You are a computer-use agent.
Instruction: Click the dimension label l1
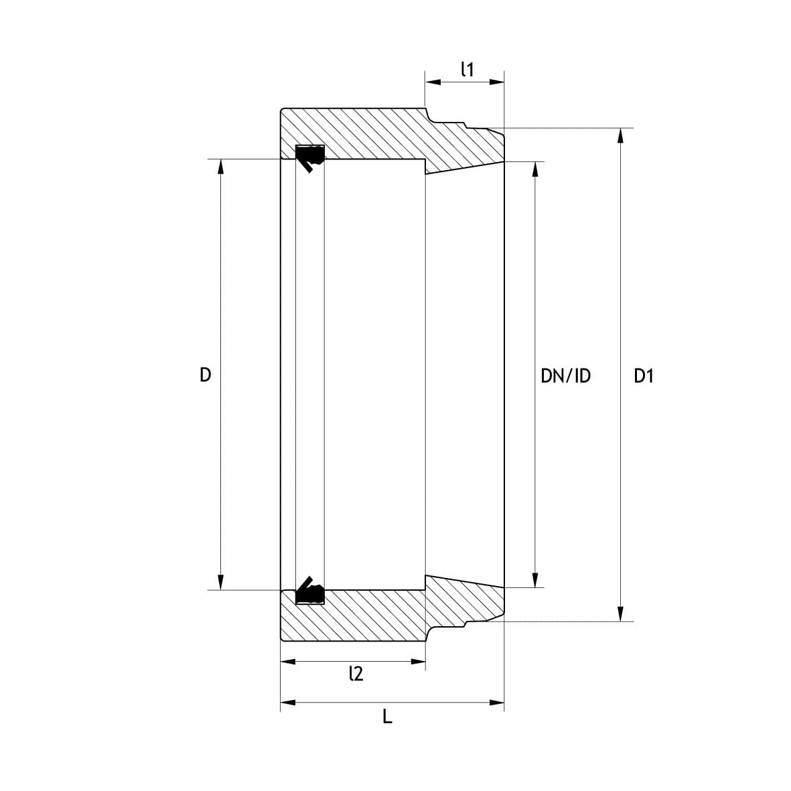[468, 70]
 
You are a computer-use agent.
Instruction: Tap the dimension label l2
[356, 674]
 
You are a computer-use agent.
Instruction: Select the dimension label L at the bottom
[387, 717]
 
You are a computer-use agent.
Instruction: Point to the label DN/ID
[565, 376]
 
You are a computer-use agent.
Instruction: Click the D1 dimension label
[644, 376]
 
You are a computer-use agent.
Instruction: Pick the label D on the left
[206, 375]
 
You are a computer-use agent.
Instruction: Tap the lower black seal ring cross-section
[309, 591]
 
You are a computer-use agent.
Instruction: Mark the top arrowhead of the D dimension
[220, 166]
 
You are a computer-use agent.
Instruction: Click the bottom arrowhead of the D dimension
[220, 583]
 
